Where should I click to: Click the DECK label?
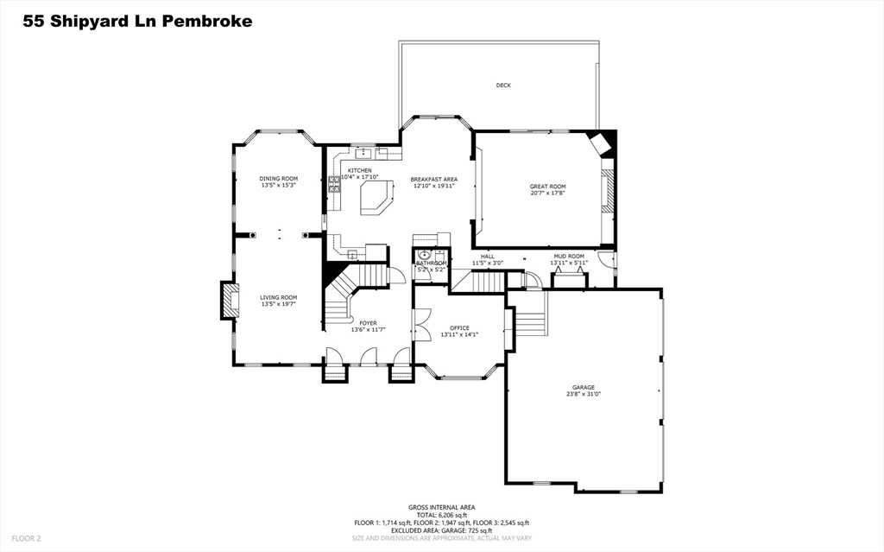tap(503, 85)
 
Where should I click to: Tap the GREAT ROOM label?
tap(547, 187)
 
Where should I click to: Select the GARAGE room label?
tap(583, 387)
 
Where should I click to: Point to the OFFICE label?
tap(459, 328)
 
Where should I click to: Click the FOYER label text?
tap(368, 323)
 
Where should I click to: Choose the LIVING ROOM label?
tap(279, 297)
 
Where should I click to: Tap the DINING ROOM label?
tap(279, 179)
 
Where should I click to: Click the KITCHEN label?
tap(360, 170)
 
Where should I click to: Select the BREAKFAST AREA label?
tap(433, 179)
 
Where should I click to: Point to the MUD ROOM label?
tap(568, 256)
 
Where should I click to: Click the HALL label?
tap(488, 256)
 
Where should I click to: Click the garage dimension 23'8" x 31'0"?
tap(583, 394)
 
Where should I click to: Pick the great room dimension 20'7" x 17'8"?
tap(547, 194)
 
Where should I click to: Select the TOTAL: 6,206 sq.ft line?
tap(441, 515)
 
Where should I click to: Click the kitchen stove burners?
tap(333, 183)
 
